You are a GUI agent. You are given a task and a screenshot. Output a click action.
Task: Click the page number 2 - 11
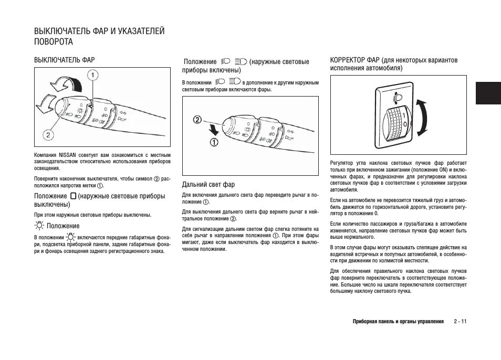[x=460, y=321]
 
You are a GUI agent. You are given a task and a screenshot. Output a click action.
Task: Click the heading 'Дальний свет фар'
[x=208, y=185]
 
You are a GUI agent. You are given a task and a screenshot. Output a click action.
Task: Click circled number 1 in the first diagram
[x=92, y=76]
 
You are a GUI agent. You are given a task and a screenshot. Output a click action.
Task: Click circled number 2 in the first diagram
[x=47, y=135]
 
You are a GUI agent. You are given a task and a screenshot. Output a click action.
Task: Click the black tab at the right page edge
[x=489, y=93]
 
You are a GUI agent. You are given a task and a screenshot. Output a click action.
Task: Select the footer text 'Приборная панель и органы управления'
[x=398, y=321]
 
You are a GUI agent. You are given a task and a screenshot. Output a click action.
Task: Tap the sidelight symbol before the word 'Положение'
[x=39, y=226]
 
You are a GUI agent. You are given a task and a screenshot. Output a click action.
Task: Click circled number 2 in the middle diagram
[x=197, y=120]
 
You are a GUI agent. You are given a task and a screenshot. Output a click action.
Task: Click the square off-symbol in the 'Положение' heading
[x=73, y=196]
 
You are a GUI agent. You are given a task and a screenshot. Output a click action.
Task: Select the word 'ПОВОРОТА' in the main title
[x=54, y=41]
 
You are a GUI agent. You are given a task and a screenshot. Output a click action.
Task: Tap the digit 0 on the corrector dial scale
[x=404, y=123]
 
